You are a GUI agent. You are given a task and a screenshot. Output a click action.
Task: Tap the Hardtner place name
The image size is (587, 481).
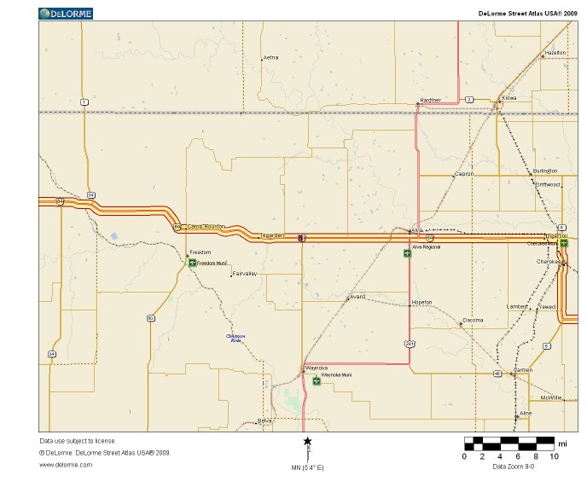click(430, 100)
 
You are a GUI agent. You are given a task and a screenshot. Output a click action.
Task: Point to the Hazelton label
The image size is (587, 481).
click(555, 53)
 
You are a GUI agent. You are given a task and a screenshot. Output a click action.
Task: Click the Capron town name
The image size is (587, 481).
click(464, 174)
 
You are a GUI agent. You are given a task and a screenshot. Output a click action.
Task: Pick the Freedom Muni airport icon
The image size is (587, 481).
click(192, 263)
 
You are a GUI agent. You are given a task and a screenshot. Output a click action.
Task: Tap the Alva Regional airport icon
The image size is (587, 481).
click(407, 252)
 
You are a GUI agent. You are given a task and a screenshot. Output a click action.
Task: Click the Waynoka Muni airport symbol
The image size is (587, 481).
click(317, 380)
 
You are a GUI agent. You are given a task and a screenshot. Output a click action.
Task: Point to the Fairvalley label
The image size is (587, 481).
click(245, 274)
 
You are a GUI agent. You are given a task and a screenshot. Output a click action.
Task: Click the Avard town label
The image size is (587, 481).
click(357, 296)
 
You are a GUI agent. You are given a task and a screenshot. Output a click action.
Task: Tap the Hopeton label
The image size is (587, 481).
click(421, 302)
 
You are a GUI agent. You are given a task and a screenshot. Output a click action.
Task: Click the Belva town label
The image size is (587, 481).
click(264, 421)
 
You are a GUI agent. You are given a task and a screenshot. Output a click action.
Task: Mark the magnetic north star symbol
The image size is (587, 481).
click(307, 441)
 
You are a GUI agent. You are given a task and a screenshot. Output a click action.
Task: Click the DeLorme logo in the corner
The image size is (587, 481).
click(66, 14)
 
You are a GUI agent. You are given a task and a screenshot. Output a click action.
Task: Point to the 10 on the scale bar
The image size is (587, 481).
click(554, 456)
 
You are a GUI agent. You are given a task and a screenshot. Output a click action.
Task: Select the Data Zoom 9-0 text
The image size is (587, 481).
click(514, 467)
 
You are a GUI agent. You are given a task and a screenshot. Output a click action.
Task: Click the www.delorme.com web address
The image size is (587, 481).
click(65, 465)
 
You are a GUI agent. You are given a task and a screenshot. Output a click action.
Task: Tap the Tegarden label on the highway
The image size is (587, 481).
click(272, 235)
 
